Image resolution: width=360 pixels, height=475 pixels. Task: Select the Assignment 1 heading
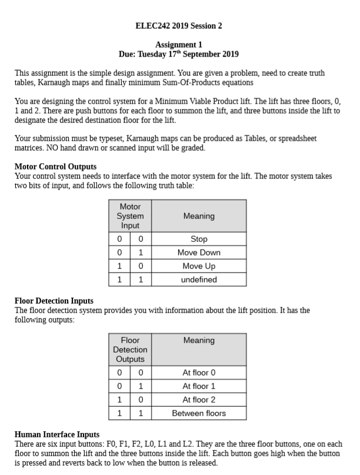179,45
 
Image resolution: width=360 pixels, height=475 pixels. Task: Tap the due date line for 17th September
179,54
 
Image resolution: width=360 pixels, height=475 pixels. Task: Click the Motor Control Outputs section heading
55,167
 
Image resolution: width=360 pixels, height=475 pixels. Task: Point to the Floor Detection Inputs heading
54,301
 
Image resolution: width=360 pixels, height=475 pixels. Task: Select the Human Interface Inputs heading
56,434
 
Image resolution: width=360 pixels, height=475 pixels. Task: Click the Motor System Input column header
130,216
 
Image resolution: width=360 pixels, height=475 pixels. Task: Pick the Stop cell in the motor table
199,240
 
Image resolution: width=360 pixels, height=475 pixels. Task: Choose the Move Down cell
199,253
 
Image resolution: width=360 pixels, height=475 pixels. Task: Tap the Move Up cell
199,267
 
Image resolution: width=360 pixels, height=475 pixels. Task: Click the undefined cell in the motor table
199,280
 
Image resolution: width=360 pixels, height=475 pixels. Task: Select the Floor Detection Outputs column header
130,350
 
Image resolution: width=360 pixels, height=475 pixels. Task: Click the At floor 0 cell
199,373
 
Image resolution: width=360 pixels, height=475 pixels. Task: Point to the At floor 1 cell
199,386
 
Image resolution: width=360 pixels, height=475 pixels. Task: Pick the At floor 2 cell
199,400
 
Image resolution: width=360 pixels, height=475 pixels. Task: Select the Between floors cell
199,413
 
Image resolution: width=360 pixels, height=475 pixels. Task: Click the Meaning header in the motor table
199,216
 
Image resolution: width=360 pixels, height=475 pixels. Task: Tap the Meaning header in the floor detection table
199,340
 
